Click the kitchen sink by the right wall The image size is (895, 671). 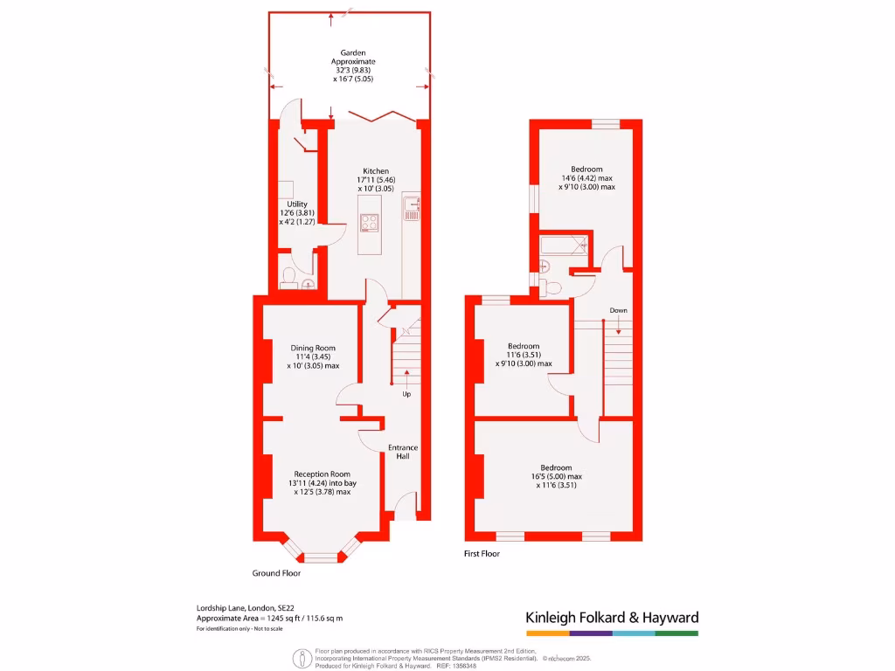coord(412,208)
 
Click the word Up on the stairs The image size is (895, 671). coord(406,394)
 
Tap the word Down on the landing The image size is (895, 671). coord(618,310)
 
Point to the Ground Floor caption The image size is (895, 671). coord(275,574)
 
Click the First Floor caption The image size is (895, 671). coord(482,554)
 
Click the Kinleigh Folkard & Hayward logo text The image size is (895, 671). coord(611,618)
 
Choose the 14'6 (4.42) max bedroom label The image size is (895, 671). coord(586,177)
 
